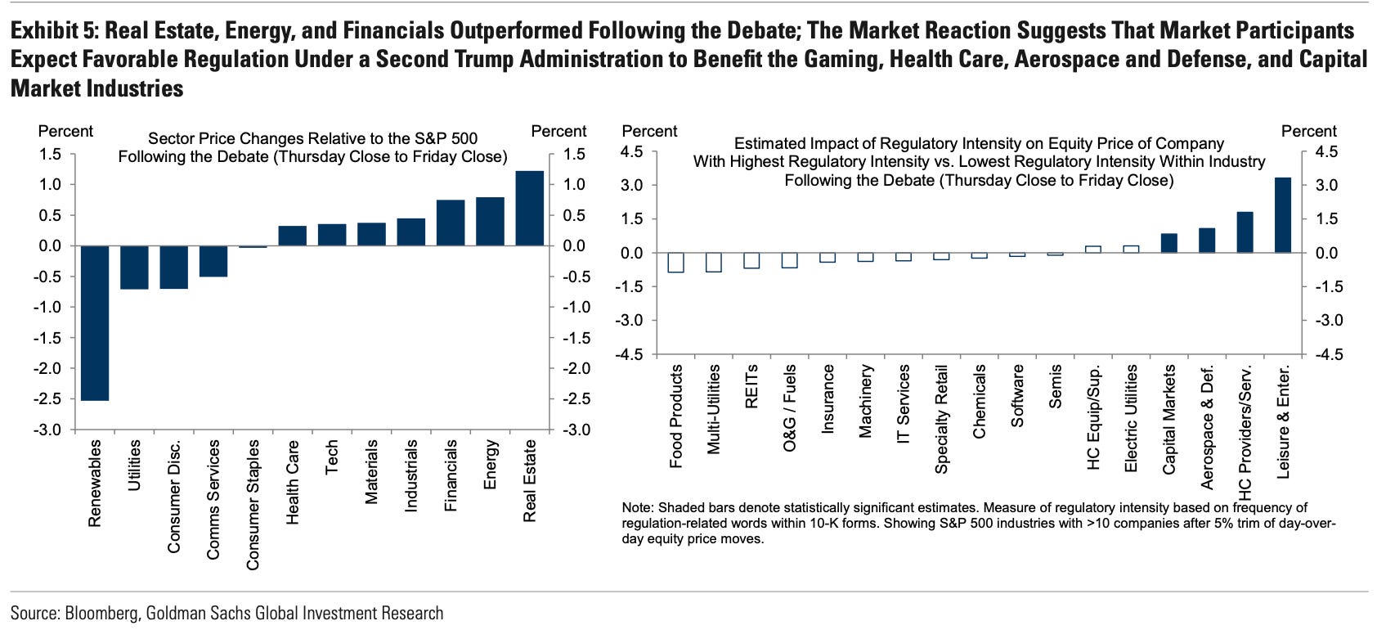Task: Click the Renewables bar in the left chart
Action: click(95, 323)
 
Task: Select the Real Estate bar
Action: click(530, 209)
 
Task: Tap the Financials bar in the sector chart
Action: click(451, 223)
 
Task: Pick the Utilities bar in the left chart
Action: click(134, 268)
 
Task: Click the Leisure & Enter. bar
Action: click(1283, 215)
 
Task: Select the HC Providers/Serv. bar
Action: click(1245, 232)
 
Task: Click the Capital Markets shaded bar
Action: click(1169, 243)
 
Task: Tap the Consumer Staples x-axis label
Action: click(253, 504)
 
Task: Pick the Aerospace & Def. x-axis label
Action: click(1207, 425)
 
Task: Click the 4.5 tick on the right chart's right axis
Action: click(1325, 152)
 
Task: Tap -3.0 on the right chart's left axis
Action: click(630, 321)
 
